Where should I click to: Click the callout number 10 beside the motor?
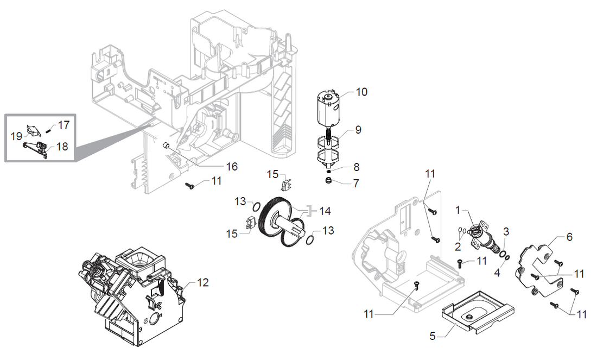click(361, 92)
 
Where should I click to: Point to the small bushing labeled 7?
click(329, 181)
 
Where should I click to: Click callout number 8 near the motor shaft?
click(356, 167)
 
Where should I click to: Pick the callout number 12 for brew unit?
click(202, 283)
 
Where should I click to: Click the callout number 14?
click(325, 211)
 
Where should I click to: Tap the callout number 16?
click(232, 167)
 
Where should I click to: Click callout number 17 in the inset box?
click(63, 125)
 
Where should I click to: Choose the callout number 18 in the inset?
click(62, 147)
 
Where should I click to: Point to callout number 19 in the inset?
click(16, 136)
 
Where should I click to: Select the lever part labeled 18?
click(36, 147)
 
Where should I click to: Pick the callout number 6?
click(569, 237)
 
